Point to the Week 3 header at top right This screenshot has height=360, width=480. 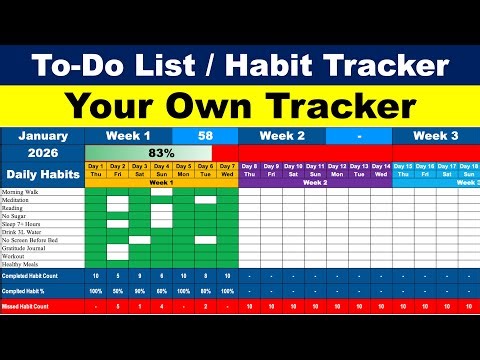click(438, 135)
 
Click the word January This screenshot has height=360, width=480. click(42, 135)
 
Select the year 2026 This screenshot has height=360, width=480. click(42, 153)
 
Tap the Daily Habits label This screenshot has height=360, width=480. click(42, 171)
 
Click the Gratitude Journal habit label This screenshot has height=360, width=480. click(25, 248)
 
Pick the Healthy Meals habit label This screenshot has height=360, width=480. click(22, 264)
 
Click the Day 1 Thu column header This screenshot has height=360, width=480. click(95, 170)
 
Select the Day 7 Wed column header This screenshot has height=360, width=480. click(227, 170)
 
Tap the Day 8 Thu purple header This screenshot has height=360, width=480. click(249, 170)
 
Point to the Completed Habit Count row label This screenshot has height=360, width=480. click(30, 275)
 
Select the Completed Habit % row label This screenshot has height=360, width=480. click(27, 290)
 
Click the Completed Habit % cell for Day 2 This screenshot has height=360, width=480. click(117, 290)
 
